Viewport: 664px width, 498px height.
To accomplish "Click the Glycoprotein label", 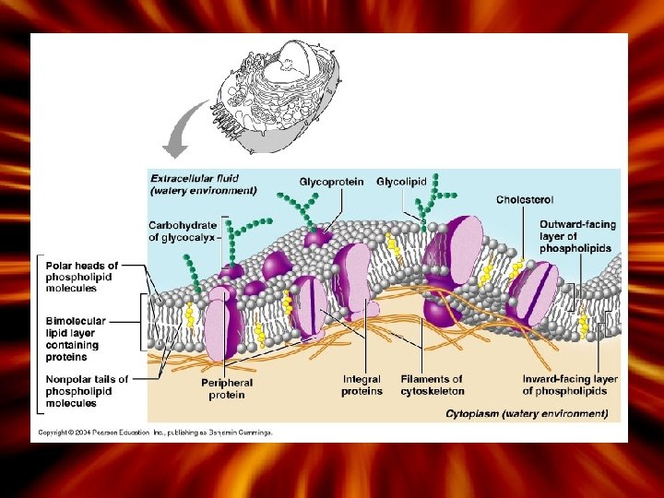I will pos(331,182).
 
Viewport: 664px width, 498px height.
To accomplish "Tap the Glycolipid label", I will pos(401,182).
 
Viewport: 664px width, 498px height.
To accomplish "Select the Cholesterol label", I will pos(525,199).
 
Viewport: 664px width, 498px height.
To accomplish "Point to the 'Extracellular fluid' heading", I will pos(195,178).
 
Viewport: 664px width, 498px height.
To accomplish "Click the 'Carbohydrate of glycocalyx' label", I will pos(183,231).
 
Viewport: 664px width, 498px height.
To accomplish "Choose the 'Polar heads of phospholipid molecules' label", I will pos(82,276).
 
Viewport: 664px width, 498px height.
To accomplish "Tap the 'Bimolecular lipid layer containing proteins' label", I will pos(77,338).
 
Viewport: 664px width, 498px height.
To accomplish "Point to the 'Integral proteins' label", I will pos(362,385).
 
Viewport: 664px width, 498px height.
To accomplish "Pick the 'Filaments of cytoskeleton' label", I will pos(432,385).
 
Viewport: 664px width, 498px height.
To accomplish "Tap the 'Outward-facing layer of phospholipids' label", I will pos(578,236).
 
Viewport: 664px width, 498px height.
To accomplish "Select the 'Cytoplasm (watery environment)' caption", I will pos(527,414).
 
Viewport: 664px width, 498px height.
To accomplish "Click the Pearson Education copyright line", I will pos(155,432).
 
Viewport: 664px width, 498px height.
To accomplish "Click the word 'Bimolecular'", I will pos(76,321).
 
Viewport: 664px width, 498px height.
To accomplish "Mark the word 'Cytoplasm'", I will pos(474,414).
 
